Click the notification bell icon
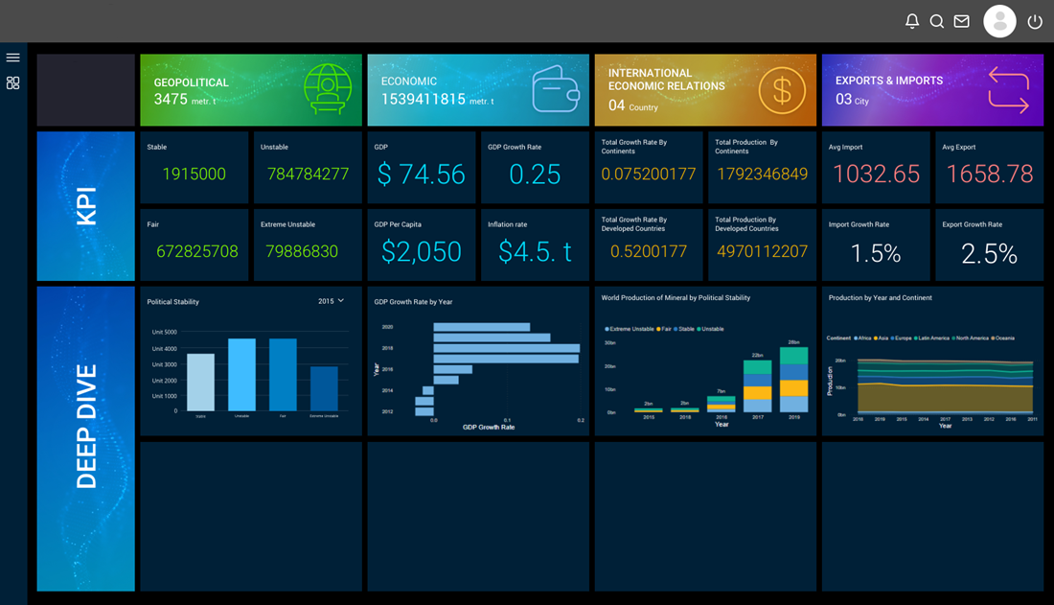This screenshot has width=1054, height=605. point(912,21)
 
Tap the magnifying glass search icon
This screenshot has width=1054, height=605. point(937,21)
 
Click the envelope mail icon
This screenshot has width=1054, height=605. point(961,21)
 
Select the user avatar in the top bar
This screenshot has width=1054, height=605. point(999,21)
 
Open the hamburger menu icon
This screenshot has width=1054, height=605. point(12,58)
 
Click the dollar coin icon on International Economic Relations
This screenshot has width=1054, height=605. point(782,91)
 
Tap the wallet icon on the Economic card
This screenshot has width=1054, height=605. point(556,89)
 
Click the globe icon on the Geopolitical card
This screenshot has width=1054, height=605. point(328,90)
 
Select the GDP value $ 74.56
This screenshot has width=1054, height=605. point(421,174)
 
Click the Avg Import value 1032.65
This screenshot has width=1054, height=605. point(876,174)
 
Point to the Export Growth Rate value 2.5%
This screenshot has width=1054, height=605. point(989,252)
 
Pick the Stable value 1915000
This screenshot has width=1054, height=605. point(194,174)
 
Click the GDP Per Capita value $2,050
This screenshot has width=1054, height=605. point(421,251)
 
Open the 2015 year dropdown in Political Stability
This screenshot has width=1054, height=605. point(331,301)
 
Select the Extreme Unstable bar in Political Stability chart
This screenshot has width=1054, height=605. point(324,388)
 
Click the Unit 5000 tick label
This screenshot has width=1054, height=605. point(164,332)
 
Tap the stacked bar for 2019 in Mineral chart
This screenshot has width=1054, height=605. point(793,380)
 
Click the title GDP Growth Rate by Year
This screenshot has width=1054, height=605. point(413,301)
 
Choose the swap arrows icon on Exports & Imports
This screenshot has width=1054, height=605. point(1008,89)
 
